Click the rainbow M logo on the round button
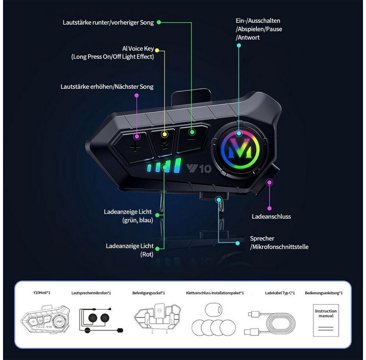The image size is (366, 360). coord(239,149)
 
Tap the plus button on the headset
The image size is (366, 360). coord(135,147)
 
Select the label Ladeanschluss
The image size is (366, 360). coord(271,216)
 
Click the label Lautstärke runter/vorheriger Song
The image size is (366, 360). coord(108,22)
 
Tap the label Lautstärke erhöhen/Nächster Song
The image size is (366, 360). coord(107,87)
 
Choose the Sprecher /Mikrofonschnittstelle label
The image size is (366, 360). coord(279,243)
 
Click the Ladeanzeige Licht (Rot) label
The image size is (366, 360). coord(130,250)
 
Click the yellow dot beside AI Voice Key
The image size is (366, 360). coord(157,50)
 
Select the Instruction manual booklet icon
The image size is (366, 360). coord(325,320)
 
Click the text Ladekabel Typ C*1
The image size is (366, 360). coord(280,293)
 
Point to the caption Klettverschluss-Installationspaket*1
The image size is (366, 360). coord(215,293)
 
